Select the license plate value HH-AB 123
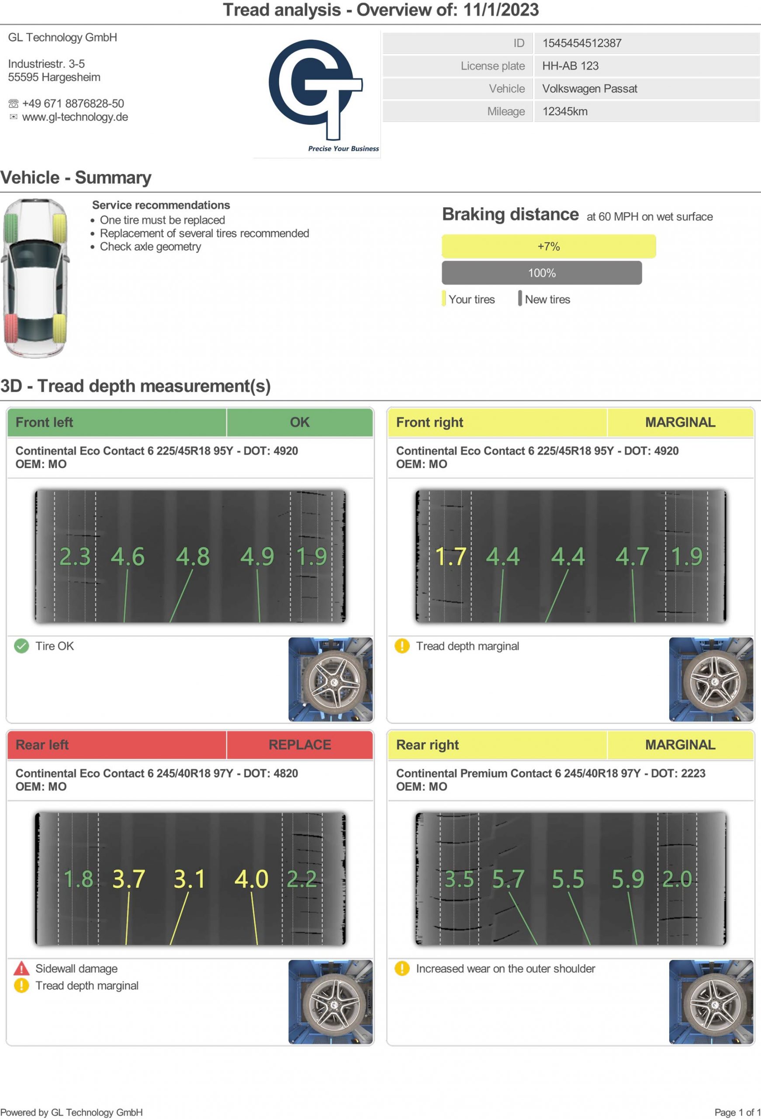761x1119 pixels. point(570,66)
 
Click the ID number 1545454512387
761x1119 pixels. point(581,43)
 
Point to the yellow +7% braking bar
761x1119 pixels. point(548,247)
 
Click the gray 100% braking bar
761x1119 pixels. point(542,273)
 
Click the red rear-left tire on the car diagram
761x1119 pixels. point(10,329)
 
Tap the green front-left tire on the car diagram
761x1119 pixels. point(10,228)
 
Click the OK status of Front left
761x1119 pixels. point(299,422)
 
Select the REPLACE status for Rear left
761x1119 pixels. point(299,745)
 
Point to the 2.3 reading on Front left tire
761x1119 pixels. point(75,556)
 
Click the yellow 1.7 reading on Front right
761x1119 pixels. point(450,556)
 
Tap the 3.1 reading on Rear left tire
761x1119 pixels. point(189,879)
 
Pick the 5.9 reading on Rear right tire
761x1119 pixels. point(628,879)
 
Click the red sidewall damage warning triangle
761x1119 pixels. point(21,968)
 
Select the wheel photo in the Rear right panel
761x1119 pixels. point(711,1002)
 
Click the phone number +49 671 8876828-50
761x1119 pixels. point(73,104)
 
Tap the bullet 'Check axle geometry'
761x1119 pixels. point(150,247)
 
